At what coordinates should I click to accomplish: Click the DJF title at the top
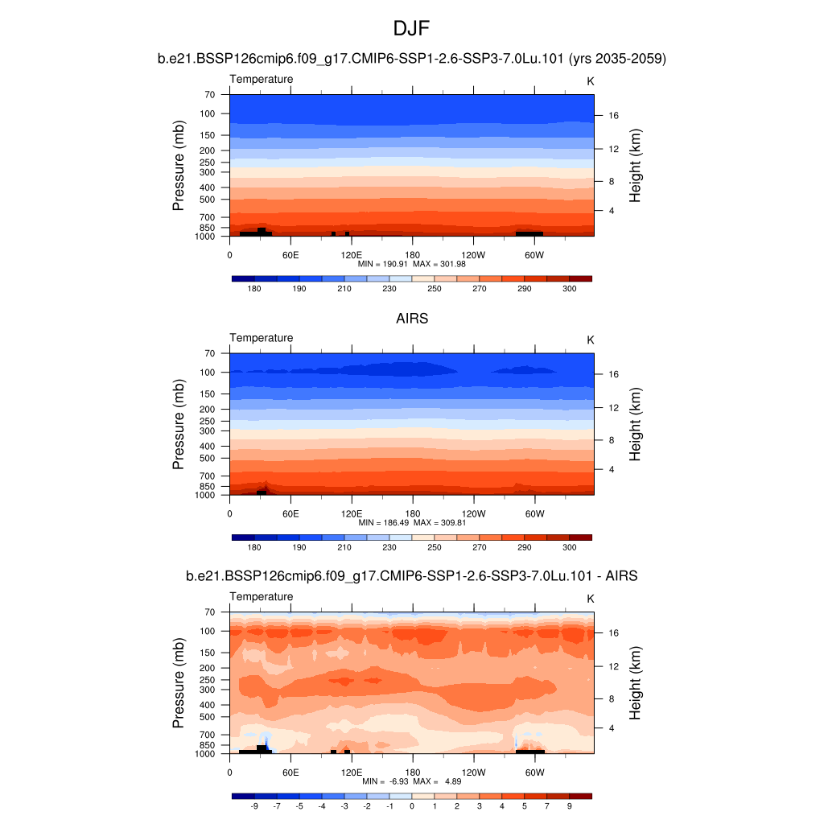pyautogui.click(x=411, y=30)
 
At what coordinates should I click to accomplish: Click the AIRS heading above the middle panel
pyautogui.click(x=411, y=319)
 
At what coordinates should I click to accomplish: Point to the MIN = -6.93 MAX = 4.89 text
pyautogui.click(x=411, y=781)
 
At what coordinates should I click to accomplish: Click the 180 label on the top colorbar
pyautogui.click(x=254, y=289)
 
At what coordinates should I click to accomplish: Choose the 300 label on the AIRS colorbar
pyautogui.click(x=569, y=547)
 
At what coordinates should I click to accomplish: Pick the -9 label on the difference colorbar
pyautogui.click(x=254, y=805)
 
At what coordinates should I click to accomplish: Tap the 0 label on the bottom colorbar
pyautogui.click(x=411, y=805)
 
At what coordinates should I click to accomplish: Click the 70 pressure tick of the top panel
pyautogui.click(x=209, y=95)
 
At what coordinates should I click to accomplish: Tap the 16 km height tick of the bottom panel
pyautogui.click(x=613, y=632)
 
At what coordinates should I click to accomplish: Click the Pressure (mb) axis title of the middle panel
pyautogui.click(x=179, y=423)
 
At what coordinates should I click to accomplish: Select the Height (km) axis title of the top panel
pyautogui.click(x=635, y=165)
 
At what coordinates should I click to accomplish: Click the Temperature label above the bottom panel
pyautogui.click(x=262, y=597)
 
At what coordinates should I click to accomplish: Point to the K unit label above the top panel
pyautogui.click(x=590, y=81)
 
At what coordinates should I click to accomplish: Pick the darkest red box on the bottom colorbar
pyautogui.click(x=580, y=796)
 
